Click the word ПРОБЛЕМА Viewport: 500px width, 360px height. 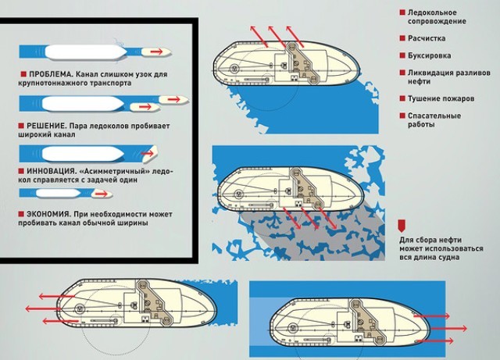click(x=52, y=74)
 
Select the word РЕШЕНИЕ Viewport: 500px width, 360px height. click(x=47, y=126)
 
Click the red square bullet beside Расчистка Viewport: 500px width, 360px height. click(x=402, y=38)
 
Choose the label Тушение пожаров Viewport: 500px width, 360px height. click(x=441, y=98)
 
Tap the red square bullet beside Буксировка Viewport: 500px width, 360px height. click(x=402, y=55)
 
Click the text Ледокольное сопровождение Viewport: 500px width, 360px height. click(x=437, y=17)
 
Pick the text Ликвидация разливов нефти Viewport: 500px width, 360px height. click(x=449, y=77)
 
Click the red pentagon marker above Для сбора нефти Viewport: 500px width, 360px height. click(x=402, y=226)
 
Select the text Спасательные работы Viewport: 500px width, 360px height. click(x=434, y=120)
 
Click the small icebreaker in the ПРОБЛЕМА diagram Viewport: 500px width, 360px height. click(x=156, y=52)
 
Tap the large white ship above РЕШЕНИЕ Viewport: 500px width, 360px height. click(x=83, y=104)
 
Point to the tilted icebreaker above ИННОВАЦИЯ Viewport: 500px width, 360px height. click(x=149, y=153)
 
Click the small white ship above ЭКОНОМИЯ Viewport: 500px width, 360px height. click(x=59, y=193)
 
